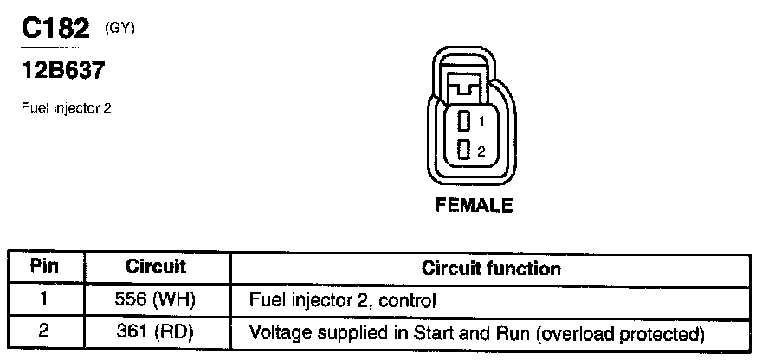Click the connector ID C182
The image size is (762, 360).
(x=55, y=29)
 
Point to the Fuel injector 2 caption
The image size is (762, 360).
(x=65, y=108)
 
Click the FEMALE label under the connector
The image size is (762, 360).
(x=473, y=206)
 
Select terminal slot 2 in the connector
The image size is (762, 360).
(x=463, y=150)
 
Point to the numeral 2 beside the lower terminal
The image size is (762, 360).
(x=481, y=151)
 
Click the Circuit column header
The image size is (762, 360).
(x=157, y=267)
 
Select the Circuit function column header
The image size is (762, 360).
(x=491, y=268)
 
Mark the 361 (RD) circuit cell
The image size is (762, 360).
(x=157, y=331)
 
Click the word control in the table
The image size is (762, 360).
(x=408, y=301)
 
